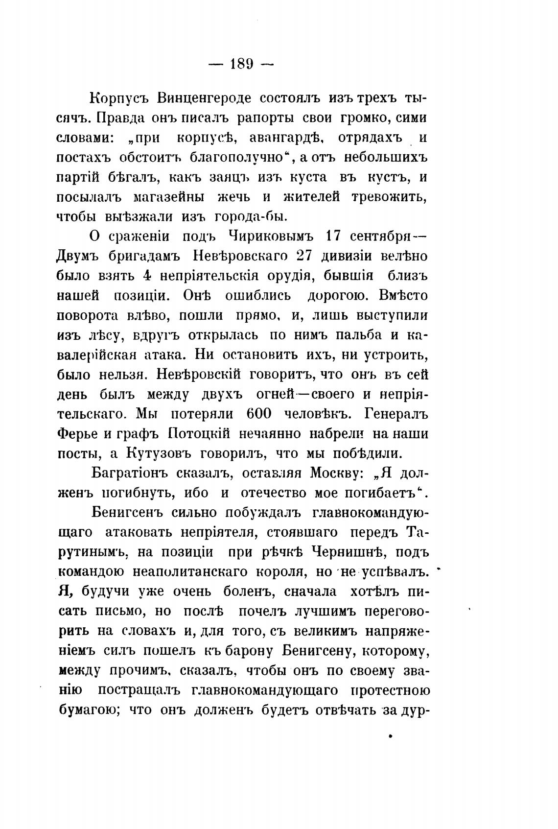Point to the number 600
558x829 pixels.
pyautogui.click(x=256, y=414)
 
